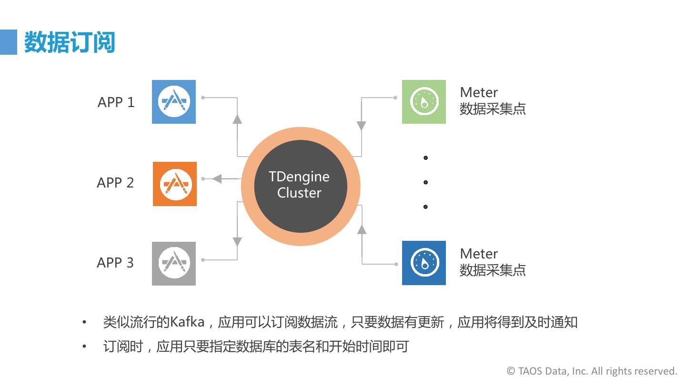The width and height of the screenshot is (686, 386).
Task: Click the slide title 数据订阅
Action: pos(70,42)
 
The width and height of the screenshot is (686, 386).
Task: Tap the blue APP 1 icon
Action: pos(174,102)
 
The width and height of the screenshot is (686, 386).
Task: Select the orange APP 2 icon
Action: pos(175,184)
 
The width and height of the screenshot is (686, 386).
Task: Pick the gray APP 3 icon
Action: pos(174,263)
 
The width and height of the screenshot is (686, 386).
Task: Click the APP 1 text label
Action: pos(116,102)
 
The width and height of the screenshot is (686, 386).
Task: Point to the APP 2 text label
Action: pos(115,183)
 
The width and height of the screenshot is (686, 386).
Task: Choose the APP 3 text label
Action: pos(115,263)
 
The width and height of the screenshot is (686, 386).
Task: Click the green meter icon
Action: pos(424,102)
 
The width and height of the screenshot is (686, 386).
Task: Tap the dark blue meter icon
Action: pos(424,263)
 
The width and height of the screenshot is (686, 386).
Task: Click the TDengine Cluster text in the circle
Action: pos(299,185)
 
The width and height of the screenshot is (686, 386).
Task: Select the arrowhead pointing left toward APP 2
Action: pos(217,178)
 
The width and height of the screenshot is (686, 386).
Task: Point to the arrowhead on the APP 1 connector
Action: pos(237,119)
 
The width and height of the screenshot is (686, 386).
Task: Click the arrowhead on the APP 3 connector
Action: pos(237,241)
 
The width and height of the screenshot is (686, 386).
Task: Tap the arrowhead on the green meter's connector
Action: pos(362,126)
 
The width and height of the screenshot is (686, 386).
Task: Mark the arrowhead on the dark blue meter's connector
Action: pos(362,229)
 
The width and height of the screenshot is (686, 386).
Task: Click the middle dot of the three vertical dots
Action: pos(425,182)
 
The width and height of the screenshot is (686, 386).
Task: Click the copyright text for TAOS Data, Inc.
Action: pos(592,371)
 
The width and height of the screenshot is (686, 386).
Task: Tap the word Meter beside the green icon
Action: pos(479,92)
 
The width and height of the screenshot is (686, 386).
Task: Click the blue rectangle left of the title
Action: pos(8,42)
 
